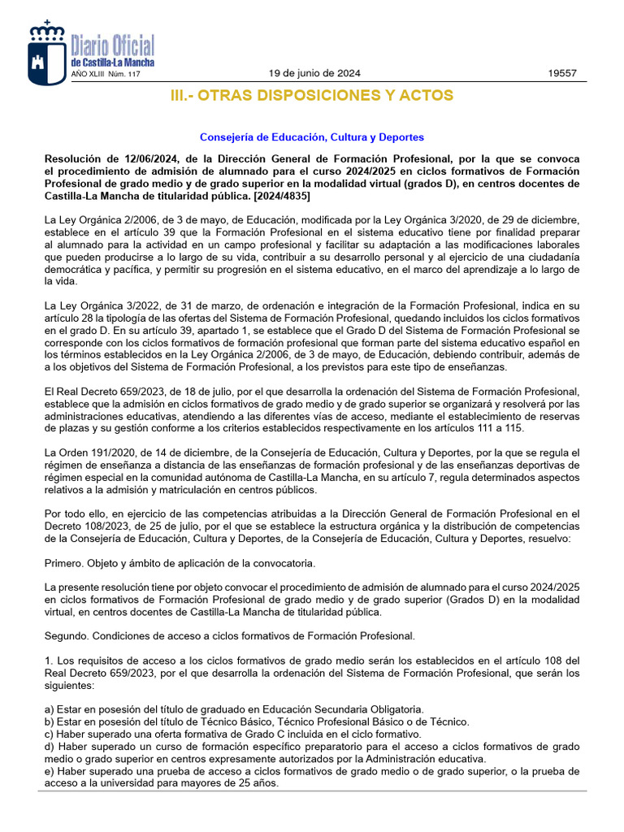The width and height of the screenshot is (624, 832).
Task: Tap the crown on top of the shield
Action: (45, 31)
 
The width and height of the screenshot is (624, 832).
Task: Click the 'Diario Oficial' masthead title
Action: (112, 45)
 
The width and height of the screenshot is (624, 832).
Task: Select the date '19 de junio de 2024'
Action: (314, 73)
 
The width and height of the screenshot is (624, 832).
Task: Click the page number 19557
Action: (562, 73)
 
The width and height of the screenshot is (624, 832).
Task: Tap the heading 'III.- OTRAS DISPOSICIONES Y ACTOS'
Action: (311, 96)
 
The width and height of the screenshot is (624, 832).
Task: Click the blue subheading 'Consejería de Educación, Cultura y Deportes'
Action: (311, 137)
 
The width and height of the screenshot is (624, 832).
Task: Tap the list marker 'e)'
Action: (49, 771)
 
